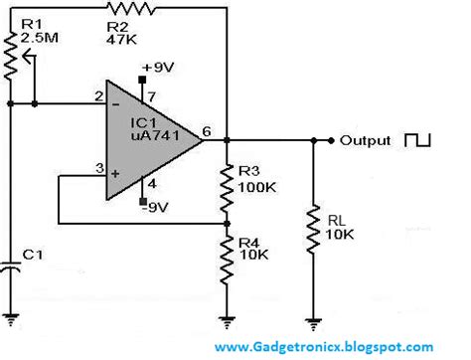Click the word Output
[x=367, y=140]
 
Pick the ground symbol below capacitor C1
[x=11, y=319]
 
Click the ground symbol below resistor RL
[x=314, y=319]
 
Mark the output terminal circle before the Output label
[x=331, y=140]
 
